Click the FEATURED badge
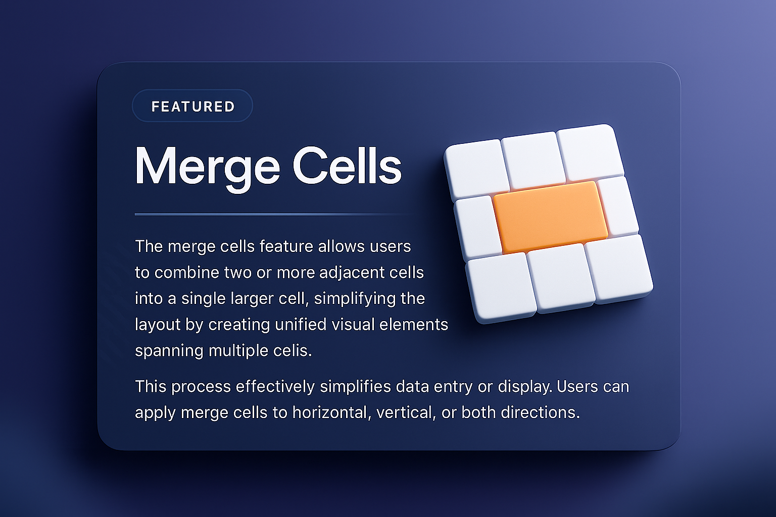click(x=192, y=106)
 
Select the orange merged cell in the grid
click(x=550, y=217)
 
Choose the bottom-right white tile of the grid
click(x=618, y=268)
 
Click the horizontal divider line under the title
click(x=273, y=215)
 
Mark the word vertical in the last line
click(x=405, y=412)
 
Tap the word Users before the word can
click(x=577, y=387)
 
